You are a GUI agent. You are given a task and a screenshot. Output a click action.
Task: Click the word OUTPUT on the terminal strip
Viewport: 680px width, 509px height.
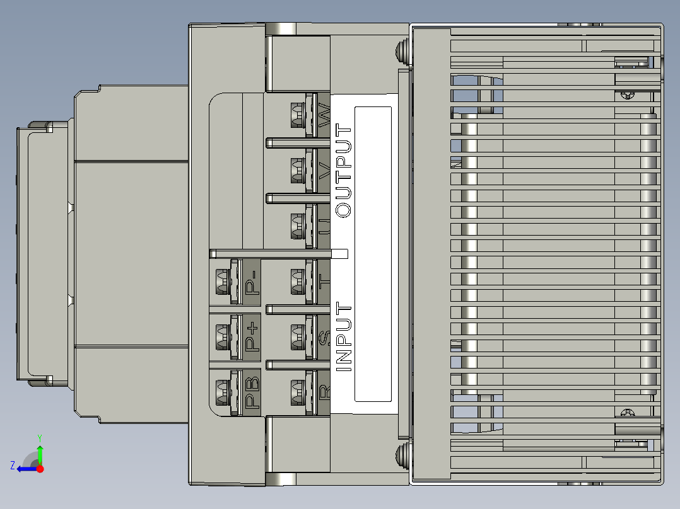coord(344,171)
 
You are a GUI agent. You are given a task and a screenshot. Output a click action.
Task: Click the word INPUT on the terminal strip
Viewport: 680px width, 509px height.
coord(344,337)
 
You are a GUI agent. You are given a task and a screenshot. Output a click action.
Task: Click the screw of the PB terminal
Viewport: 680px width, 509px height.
coord(222,392)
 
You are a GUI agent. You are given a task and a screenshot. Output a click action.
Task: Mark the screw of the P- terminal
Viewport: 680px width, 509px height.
coord(222,282)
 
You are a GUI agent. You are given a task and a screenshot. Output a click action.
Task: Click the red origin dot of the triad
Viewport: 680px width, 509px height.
coord(40,469)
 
